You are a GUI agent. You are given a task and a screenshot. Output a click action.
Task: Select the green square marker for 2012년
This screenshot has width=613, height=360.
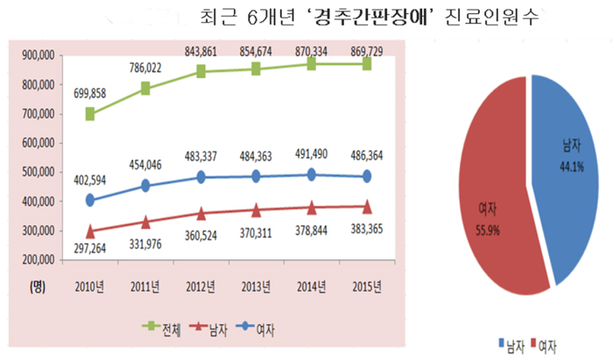[x=201, y=72]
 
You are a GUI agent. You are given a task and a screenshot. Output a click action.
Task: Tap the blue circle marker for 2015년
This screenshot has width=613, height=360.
[x=367, y=176]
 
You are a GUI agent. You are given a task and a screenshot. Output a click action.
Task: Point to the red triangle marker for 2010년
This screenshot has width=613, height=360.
[x=90, y=230]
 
